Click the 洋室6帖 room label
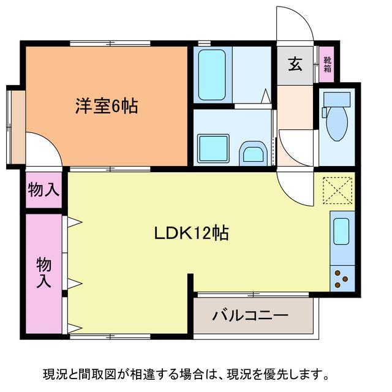click(106, 106)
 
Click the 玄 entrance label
click(295, 64)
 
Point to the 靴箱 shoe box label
click(327, 64)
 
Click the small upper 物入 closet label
click(43, 190)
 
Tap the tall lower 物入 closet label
click(43, 273)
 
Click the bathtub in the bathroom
click(212, 75)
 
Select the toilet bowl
click(336, 124)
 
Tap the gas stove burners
click(341, 279)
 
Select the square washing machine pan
click(213, 148)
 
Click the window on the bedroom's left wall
click(10, 127)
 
